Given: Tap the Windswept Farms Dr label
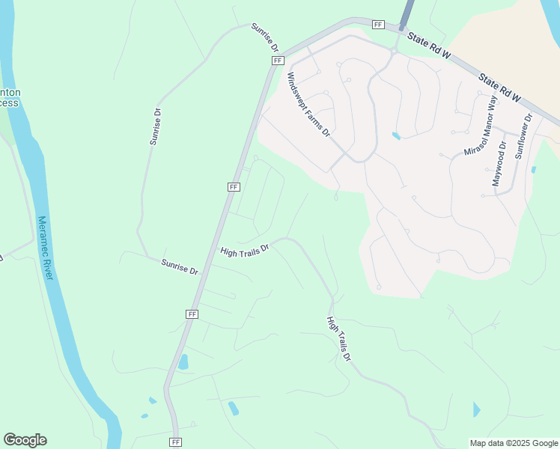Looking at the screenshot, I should click(308, 104).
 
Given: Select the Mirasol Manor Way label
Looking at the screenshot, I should click(480, 126).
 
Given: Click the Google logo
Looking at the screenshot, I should click(25, 440).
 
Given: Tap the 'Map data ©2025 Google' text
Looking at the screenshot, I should click(514, 443).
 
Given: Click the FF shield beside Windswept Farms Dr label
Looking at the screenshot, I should click(278, 60).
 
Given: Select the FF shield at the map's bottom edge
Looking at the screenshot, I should click(176, 442).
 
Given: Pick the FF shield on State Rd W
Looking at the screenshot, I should click(378, 25).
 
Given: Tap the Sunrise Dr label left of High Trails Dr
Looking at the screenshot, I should click(180, 266).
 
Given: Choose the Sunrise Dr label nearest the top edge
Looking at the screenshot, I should click(264, 37).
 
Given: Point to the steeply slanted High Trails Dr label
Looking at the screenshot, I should click(338, 339).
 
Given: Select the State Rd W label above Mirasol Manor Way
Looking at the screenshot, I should click(499, 87).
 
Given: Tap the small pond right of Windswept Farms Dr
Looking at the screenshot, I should click(395, 136).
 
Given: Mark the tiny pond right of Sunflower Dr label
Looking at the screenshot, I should click(533, 170).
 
